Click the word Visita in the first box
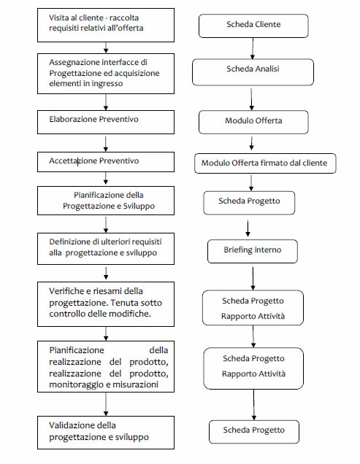pyautogui.click(x=58, y=18)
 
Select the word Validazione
pyautogui.click(x=69, y=425)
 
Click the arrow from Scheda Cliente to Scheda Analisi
pyautogui.click(x=253, y=48)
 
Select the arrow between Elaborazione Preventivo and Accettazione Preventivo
pyautogui.click(x=106, y=144)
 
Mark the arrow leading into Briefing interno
pyautogui.click(x=248, y=228)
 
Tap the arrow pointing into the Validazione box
pyautogui.click(x=106, y=404)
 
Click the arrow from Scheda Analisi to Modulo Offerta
pyautogui.click(x=251, y=99)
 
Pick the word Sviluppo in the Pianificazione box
pyautogui.click(x=139, y=206)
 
